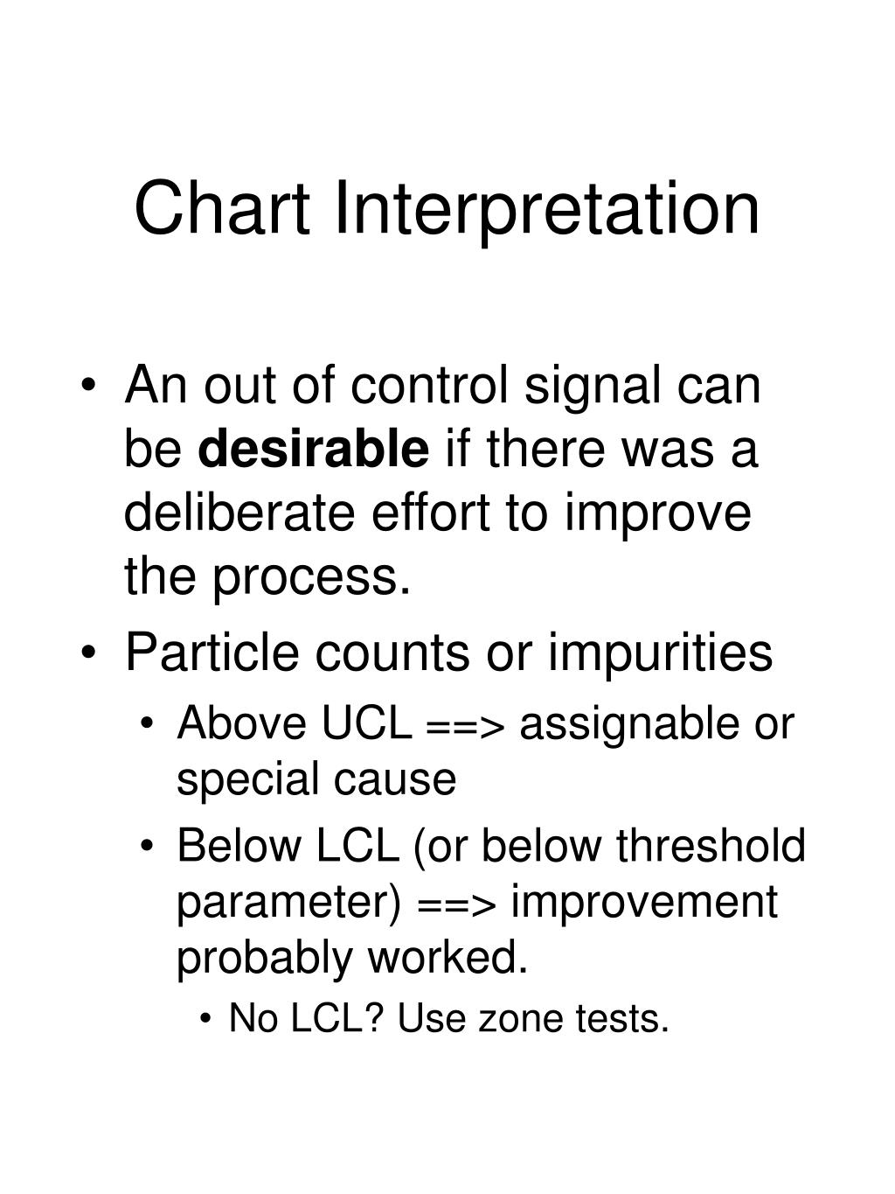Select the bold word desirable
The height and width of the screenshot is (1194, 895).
point(314,448)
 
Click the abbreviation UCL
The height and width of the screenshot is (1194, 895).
point(367,723)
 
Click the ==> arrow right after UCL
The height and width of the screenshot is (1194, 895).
point(465,726)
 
